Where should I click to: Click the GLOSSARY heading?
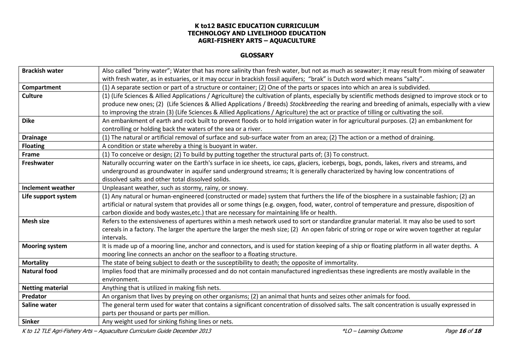coord(257,55)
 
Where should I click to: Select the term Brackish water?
coord(42,71)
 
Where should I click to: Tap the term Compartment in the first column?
coord(41,87)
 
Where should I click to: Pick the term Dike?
coord(28,121)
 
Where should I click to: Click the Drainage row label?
coord(34,137)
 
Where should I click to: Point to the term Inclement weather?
coord(48,188)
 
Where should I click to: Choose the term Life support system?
coord(49,196)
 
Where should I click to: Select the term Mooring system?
coord(44,246)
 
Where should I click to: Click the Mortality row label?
coord(35,263)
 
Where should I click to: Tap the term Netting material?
coord(45,288)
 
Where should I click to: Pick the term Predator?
coord(34,296)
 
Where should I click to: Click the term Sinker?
coord(31,321)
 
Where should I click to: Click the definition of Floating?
coord(180,146)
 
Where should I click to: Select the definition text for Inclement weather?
coord(175,188)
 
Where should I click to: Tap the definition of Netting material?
coord(161,288)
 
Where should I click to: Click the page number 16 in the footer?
coord(462,331)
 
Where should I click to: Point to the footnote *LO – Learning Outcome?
coord(372,331)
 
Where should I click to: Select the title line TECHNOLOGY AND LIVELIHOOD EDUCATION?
coord(257,33)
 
